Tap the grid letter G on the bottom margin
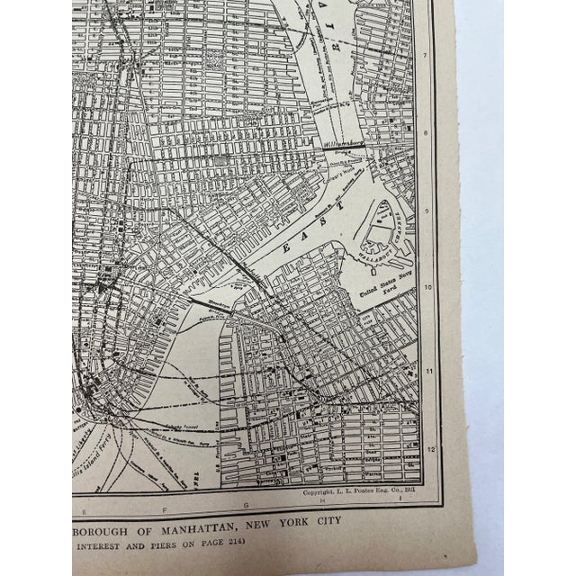(245, 508)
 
